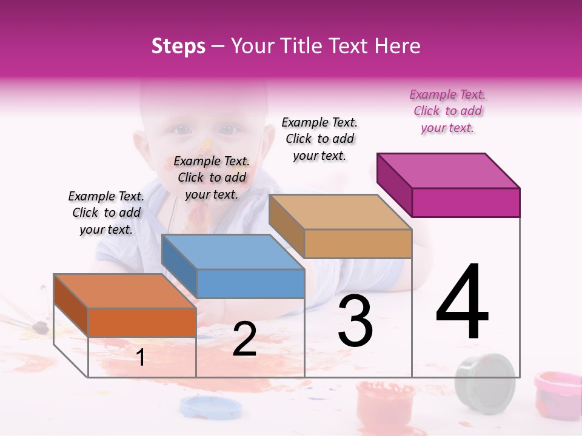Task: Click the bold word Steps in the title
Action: tap(178, 46)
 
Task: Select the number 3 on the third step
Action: tap(355, 321)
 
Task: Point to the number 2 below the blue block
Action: tap(244, 339)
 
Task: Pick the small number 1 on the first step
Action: tap(141, 357)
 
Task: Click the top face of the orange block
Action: tap(124, 291)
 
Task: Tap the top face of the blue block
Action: tap(233, 251)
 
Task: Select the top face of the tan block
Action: tap(340, 212)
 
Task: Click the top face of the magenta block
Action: tap(449, 170)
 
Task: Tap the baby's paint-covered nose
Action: tap(207, 145)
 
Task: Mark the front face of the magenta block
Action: tap(466, 202)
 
